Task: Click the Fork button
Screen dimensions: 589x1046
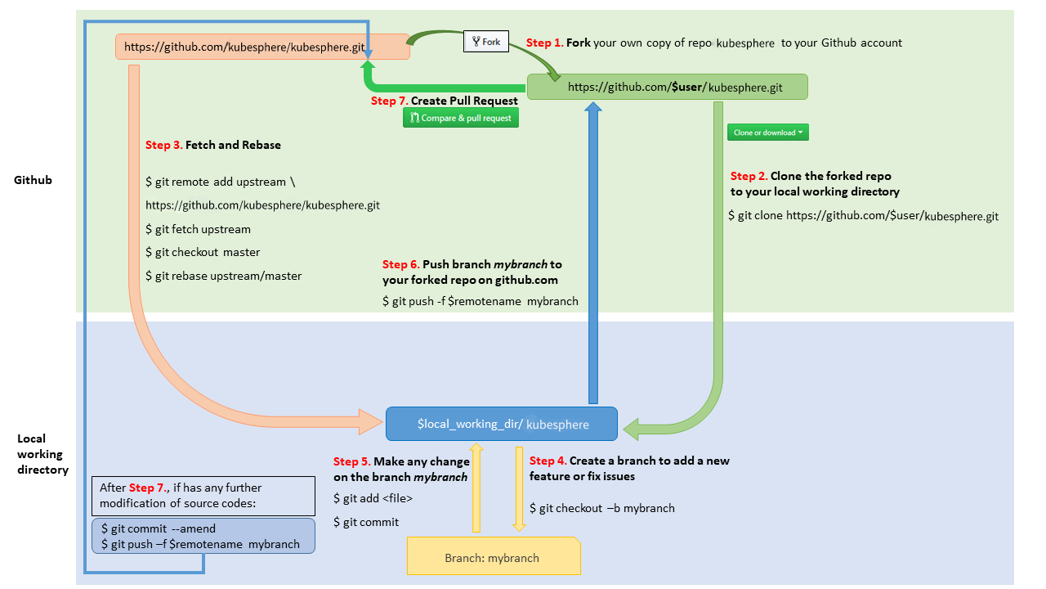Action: coord(486,42)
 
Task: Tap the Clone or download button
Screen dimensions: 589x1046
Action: coord(767,133)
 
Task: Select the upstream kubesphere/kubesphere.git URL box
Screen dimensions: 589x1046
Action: coord(261,47)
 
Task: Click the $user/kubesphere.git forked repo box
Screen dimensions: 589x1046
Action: coord(667,88)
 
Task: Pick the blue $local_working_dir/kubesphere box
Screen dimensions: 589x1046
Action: coord(502,425)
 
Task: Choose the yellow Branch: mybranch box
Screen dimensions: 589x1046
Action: coord(493,558)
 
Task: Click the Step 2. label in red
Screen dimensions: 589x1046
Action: coord(749,176)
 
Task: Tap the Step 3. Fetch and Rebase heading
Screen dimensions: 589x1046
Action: coord(212,145)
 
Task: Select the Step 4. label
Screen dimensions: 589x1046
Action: coord(548,461)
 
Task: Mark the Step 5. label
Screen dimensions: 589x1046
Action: coord(351,462)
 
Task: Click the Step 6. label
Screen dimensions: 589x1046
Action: coord(400,264)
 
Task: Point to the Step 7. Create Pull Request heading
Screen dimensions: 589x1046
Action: coord(444,101)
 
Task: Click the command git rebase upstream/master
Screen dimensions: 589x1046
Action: coord(223,276)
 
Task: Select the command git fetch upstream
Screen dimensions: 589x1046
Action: coord(198,229)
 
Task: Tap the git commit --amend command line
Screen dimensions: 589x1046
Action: coord(159,528)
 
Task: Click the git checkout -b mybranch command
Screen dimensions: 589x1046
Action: coord(602,508)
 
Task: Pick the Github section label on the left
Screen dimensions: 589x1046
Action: coord(33,180)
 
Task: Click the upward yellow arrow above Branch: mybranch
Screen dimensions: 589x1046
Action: coord(476,487)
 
